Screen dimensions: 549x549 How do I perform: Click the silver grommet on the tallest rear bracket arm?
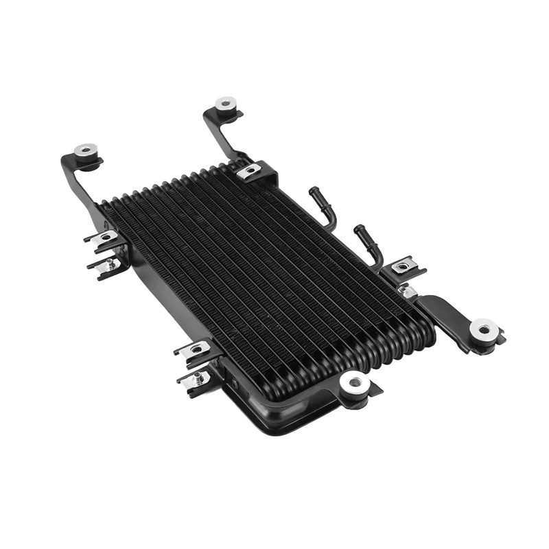coord(226,104)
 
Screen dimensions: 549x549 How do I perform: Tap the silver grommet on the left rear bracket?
coord(86,150)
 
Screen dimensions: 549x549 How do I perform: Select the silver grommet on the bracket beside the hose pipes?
coord(484,329)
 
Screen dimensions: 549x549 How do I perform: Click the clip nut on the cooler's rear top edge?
coord(250,171)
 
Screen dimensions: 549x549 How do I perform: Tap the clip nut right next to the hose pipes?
coord(401,267)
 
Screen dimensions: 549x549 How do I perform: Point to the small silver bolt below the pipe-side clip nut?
coord(410,292)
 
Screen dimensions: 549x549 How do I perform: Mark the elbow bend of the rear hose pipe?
coord(331,216)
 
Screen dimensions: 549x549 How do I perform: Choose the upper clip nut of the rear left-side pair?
coord(104,237)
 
